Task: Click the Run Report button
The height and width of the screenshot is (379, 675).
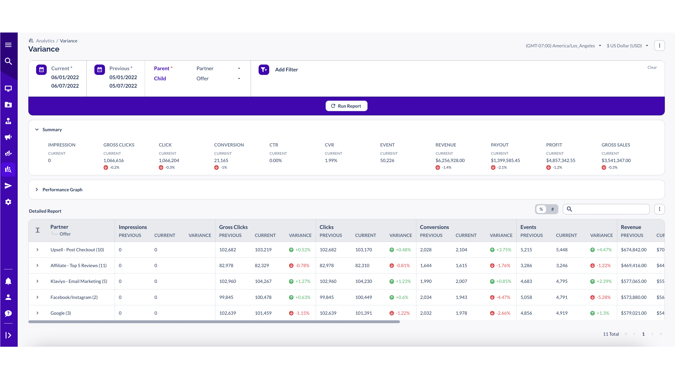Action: point(346,106)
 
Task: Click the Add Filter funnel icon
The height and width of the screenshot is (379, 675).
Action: point(264,69)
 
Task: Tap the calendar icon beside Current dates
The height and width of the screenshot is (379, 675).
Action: point(41,69)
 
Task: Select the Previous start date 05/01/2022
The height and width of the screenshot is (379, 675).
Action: point(123,77)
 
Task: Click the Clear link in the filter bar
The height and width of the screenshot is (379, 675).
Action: point(652,67)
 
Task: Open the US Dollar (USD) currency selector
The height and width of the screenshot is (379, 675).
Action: point(627,46)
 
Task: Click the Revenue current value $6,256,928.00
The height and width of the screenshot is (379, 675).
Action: point(450,160)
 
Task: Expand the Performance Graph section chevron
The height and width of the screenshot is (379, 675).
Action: point(37,189)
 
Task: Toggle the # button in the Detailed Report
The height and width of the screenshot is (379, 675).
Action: point(552,209)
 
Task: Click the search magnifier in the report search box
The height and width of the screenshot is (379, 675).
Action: point(569,209)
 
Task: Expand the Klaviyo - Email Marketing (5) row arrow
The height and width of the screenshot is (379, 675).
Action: point(38,281)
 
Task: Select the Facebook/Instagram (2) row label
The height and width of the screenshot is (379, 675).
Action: point(74,297)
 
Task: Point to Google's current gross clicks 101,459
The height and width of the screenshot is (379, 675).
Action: point(263,313)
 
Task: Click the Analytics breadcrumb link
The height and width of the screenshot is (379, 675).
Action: point(45,41)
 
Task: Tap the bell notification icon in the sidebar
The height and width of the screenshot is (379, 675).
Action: point(8,281)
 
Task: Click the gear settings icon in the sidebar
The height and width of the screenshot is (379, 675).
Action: point(8,202)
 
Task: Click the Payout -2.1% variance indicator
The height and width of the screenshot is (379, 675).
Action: point(499,167)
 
